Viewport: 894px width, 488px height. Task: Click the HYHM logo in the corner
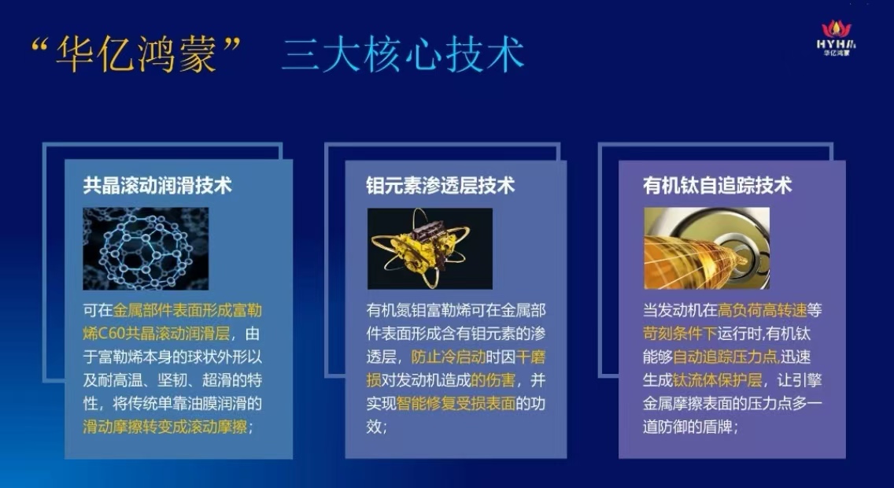tap(836, 39)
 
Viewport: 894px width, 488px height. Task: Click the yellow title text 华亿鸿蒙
tap(136, 55)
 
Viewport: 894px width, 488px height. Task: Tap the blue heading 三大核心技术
tap(402, 55)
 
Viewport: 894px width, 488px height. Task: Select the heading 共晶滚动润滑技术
tap(157, 185)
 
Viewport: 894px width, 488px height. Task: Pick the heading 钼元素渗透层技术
tap(440, 185)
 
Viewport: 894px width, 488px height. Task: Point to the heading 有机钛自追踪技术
tap(717, 185)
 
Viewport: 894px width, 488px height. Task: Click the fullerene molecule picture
tap(146, 249)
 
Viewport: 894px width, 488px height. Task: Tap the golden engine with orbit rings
tap(430, 249)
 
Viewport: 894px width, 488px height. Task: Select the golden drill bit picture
tap(707, 248)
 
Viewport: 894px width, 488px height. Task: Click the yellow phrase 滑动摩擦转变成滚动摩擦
tap(165, 427)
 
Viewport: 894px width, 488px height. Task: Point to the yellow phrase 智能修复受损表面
tap(456, 403)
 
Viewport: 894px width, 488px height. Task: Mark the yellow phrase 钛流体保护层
tap(717, 379)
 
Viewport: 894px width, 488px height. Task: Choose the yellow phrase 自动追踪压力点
tap(726, 357)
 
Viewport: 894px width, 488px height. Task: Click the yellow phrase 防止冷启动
tap(448, 357)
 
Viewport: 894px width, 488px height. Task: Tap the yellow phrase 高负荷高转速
tap(763, 310)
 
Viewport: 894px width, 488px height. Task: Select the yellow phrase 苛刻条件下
tap(680, 333)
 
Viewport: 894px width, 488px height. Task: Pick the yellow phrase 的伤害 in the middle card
tap(493, 379)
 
